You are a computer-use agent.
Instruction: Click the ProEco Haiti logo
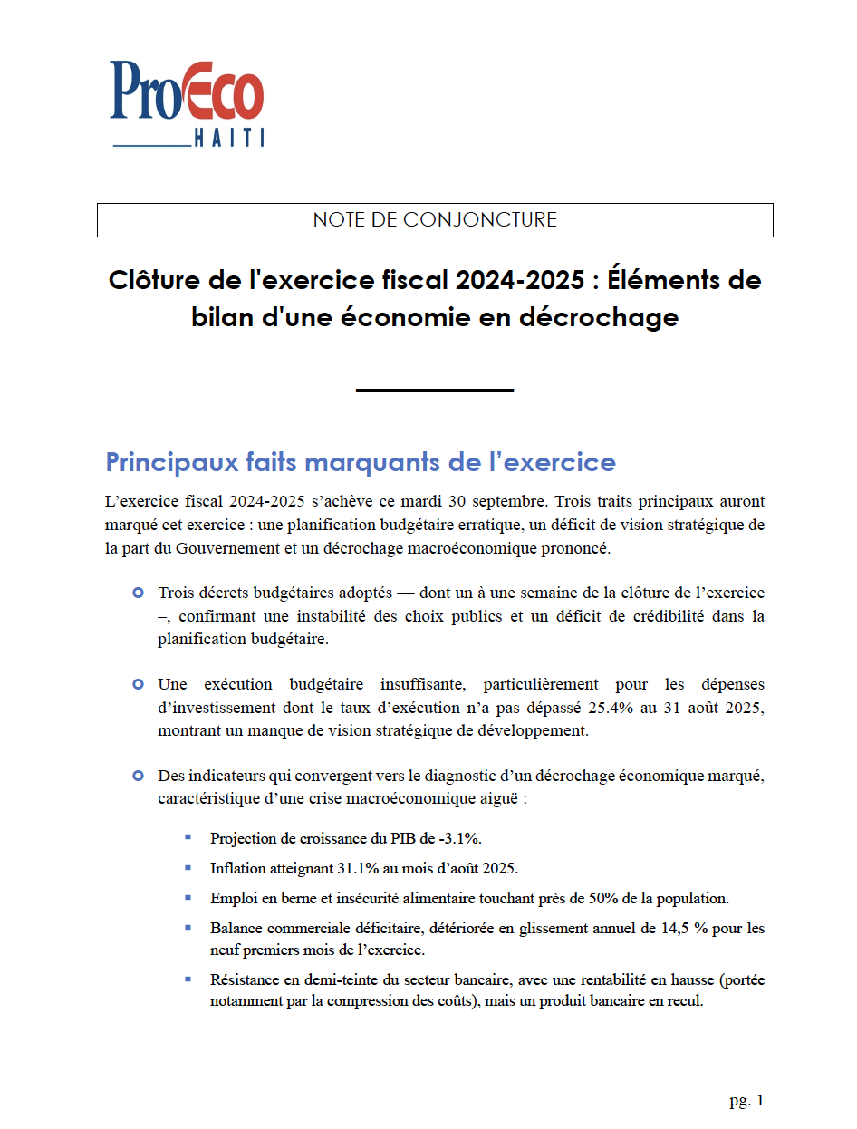pyautogui.click(x=187, y=102)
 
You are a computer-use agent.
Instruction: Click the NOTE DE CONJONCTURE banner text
pyautogui.click(x=435, y=219)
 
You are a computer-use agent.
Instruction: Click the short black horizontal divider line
pyautogui.click(x=435, y=391)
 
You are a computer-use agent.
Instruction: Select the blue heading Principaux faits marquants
pyautogui.click(x=361, y=462)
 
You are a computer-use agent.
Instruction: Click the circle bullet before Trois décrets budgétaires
pyautogui.click(x=138, y=593)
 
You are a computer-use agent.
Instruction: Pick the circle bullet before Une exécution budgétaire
pyautogui.click(x=138, y=684)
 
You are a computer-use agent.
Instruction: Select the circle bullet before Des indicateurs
pyautogui.click(x=138, y=776)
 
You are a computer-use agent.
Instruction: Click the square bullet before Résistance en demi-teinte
pyautogui.click(x=188, y=979)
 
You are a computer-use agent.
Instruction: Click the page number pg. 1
pyautogui.click(x=746, y=1101)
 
